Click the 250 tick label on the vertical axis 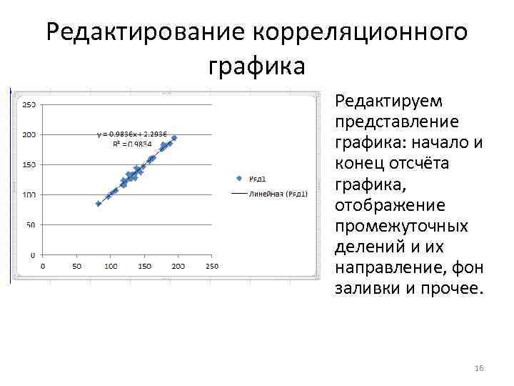(31, 104)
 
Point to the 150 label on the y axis (31, 164)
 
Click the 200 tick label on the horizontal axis (178, 266)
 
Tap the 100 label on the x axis (111, 266)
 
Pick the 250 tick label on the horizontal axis (212, 266)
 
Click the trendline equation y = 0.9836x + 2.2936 (132, 134)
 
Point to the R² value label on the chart (132, 143)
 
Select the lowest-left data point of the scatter (99, 204)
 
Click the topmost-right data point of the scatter (174, 137)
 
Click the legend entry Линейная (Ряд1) (268, 194)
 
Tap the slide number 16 (478, 367)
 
